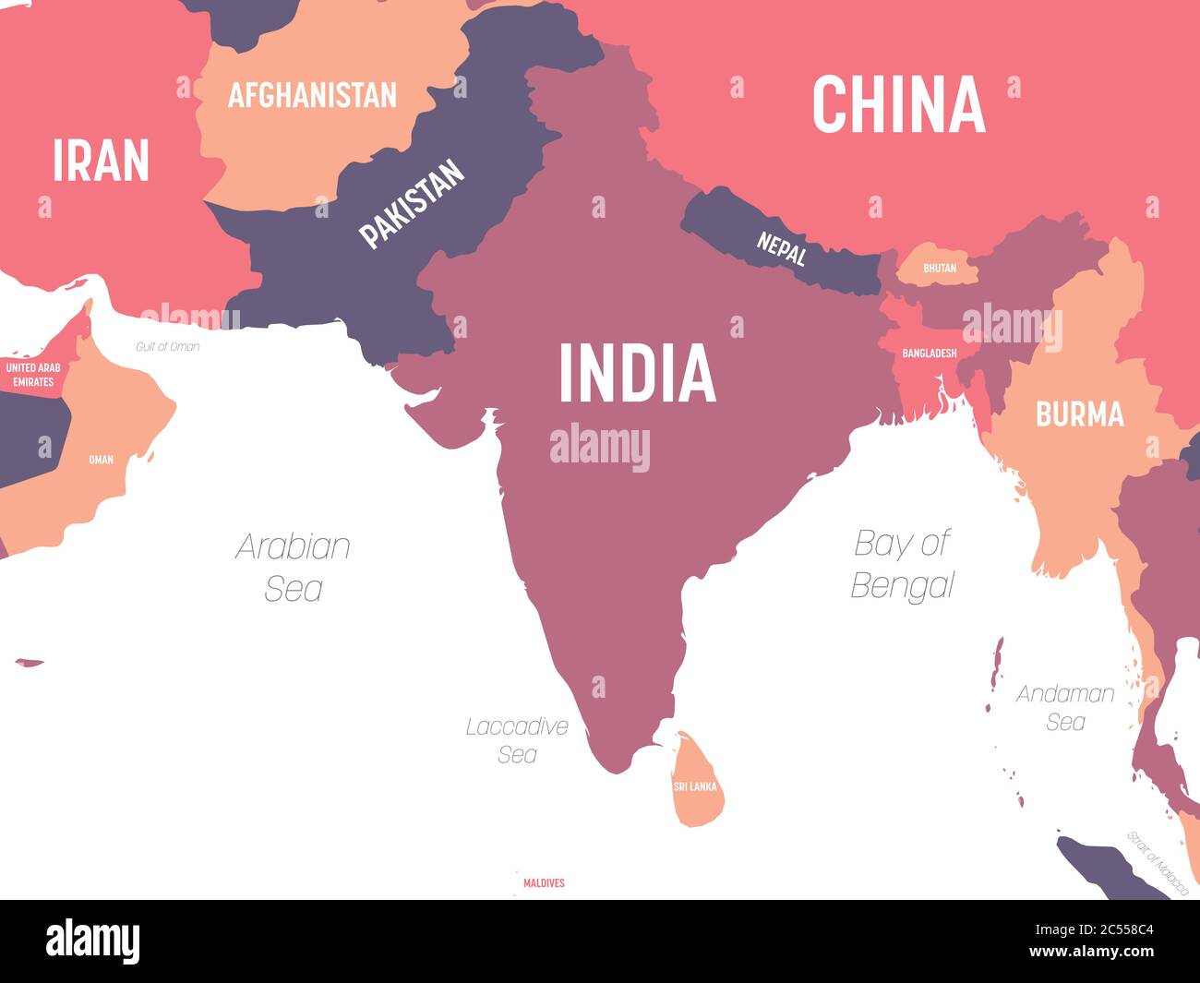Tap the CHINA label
coord(898,104)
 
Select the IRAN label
coord(101,161)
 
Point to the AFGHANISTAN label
coord(312,95)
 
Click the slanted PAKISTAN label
coord(412,204)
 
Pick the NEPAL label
coord(782,247)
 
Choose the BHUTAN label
coord(940,269)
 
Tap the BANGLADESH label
coord(929,353)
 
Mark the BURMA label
coord(1079,414)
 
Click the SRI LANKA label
coord(695,786)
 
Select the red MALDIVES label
coord(544,883)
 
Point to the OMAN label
coord(101,459)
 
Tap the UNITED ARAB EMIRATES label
coord(33,374)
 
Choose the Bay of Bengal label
coord(902,563)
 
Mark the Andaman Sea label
coord(1065,707)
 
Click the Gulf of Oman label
coord(167,347)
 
